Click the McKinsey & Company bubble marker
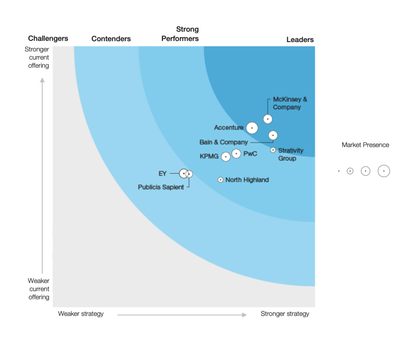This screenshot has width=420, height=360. coord(268,119)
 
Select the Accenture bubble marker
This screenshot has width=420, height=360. coord(252,128)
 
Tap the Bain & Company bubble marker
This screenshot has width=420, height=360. coord(273,135)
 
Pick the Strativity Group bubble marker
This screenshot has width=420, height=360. coord(273,150)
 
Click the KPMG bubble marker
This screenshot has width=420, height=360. coord(225,157)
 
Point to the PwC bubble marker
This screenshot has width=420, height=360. coord(236,154)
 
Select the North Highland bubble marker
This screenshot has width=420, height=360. coord(220,180)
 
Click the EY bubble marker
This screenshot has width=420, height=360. coord(184,173)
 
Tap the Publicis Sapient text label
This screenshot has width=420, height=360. coord(161,187)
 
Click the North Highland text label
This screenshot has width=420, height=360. coord(247,180)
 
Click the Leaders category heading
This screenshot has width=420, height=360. coord(300,40)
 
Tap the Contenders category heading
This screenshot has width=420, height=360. coord(111,39)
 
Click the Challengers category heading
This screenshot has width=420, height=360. coord(48,38)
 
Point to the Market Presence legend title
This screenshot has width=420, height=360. coord(365,145)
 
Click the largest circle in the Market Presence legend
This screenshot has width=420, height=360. coord(384,171)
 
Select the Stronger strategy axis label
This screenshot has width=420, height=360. coord(284,314)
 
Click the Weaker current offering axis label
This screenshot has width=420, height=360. coord(39,289)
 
